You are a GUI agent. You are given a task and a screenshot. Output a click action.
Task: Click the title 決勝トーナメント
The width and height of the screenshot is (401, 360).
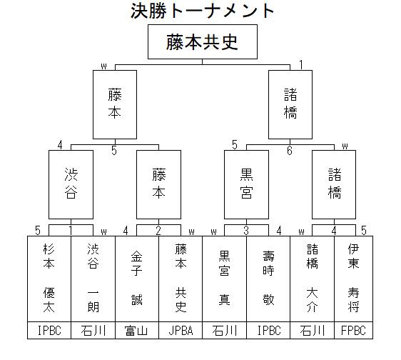tap(202, 11)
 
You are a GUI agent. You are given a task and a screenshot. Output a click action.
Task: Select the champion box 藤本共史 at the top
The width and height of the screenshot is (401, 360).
tap(203, 41)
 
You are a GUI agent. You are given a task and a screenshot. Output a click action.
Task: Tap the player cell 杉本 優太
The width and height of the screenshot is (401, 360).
tap(49, 279)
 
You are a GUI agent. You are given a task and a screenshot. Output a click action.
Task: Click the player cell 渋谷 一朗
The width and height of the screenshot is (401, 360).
tap(93, 279)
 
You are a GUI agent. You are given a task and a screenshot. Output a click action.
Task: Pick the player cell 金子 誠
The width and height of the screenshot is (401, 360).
tap(137, 279)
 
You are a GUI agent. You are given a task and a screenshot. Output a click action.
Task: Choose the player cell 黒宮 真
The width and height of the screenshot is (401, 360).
tap(224, 279)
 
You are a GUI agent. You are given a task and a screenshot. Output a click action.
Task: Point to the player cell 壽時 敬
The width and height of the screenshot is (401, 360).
tap(268, 279)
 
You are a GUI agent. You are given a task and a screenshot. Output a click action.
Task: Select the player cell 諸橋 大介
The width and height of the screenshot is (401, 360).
tap(313, 279)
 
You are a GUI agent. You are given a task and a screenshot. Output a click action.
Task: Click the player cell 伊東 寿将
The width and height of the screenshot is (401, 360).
tap(353, 279)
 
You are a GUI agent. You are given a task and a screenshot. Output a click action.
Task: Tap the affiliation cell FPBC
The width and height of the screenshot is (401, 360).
tap(353, 330)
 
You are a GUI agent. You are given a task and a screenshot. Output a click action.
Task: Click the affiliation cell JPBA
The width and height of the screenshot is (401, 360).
tap(181, 330)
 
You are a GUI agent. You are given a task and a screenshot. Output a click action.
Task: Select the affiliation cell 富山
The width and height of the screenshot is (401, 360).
tap(137, 330)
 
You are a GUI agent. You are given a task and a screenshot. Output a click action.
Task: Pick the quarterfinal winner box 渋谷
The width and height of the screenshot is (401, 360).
tap(71, 184)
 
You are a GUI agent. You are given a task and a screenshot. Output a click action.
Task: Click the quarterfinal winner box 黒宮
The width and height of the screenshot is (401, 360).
tap(247, 184)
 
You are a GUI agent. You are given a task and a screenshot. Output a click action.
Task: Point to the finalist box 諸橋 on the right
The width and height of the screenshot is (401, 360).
tap(290, 104)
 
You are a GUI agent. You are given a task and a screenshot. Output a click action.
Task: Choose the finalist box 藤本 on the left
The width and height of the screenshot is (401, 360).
tap(115, 104)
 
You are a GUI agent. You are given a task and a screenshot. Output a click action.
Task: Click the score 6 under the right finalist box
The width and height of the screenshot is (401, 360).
tap(290, 151)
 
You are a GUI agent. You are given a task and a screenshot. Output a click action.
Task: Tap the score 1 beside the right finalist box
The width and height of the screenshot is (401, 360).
tap(301, 65)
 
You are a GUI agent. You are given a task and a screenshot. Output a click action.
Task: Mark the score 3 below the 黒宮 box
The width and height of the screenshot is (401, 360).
tap(246, 231)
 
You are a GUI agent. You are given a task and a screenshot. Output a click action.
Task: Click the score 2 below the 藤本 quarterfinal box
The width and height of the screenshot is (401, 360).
tap(158, 231)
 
